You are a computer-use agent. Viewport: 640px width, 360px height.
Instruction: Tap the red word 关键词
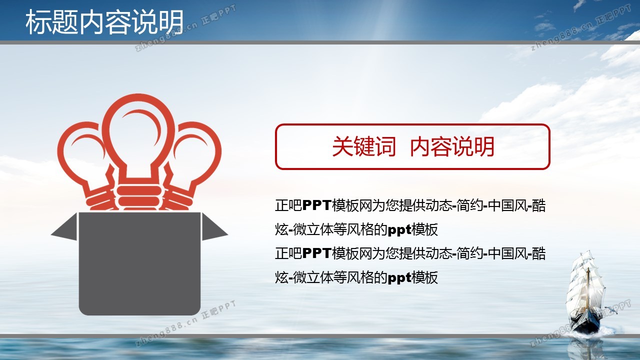364,146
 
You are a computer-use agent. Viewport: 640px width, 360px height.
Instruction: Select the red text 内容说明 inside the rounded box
452,146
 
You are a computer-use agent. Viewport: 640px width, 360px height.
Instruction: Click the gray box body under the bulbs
139,263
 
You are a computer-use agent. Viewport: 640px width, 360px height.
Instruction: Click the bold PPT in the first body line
317,205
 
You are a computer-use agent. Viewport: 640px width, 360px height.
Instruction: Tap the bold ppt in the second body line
399,229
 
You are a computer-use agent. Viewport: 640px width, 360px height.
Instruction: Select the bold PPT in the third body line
317,253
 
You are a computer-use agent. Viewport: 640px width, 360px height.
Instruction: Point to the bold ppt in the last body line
399,277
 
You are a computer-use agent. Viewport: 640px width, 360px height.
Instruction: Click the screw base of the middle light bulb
138,198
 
